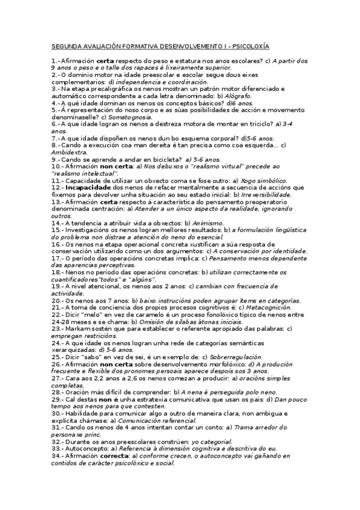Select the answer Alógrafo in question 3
pos(239,96)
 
